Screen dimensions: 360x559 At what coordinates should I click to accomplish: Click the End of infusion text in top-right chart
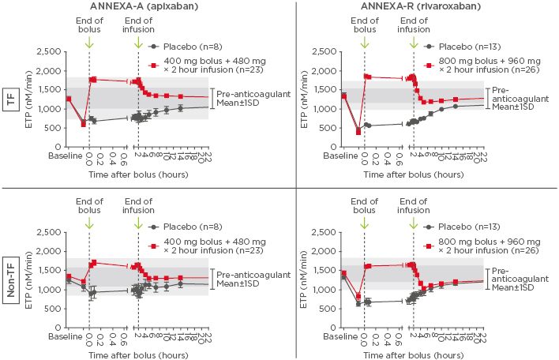413,25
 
